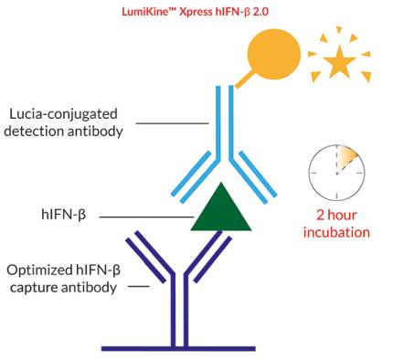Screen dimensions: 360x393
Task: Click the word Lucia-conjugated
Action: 69,115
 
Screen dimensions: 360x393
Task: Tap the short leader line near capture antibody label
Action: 138,287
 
